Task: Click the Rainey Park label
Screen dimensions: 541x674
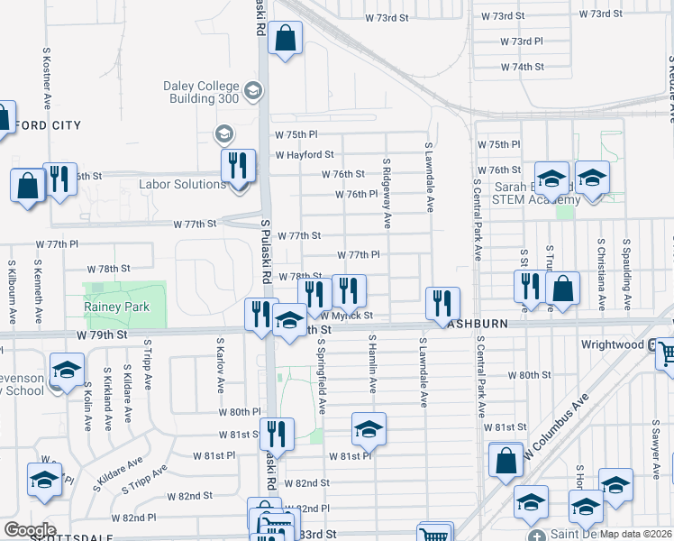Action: pos(116,307)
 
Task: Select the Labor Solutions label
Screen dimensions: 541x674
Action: pos(182,185)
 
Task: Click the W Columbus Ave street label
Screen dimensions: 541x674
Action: pos(555,426)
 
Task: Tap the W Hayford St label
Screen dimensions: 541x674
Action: pos(305,155)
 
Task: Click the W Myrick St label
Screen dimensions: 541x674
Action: pos(346,316)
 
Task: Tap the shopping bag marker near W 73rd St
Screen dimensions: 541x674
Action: pos(285,39)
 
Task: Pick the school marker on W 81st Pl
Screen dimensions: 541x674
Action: pos(368,431)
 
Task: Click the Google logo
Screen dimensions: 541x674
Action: pos(30,530)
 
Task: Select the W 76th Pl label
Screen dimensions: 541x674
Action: pos(355,194)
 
